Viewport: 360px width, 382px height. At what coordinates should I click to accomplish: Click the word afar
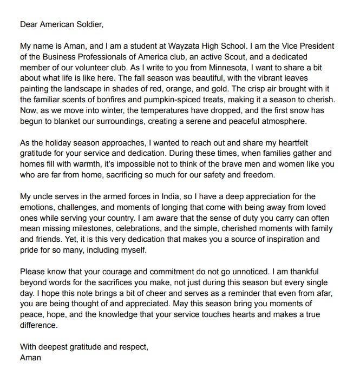click(x=321, y=293)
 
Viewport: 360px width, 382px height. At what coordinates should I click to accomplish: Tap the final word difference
click(x=38, y=326)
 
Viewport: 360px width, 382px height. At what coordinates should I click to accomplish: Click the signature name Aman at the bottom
click(x=31, y=358)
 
